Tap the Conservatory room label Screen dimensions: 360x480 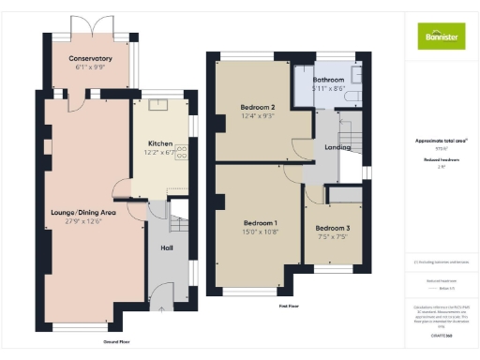(90, 58)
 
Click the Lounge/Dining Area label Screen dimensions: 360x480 (82, 212)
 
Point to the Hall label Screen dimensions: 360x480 (166, 247)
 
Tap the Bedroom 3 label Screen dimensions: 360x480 (331, 228)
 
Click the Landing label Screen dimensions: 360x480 (337, 147)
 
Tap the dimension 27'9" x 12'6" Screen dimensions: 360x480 (82, 222)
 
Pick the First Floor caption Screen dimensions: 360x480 (288, 306)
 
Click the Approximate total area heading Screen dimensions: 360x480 (440, 141)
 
